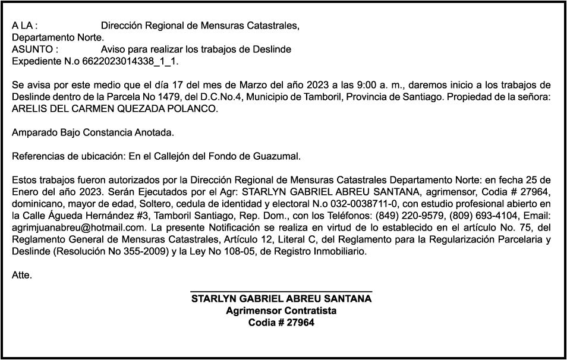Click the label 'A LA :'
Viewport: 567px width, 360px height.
[24, 26]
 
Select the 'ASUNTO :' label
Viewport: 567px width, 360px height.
[35, 49]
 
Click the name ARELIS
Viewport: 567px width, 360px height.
[29, 109]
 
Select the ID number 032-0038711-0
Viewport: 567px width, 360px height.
[349, 204]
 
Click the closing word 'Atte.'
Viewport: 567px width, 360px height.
[22, 275]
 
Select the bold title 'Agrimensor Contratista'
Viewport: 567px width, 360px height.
[281, 311]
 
